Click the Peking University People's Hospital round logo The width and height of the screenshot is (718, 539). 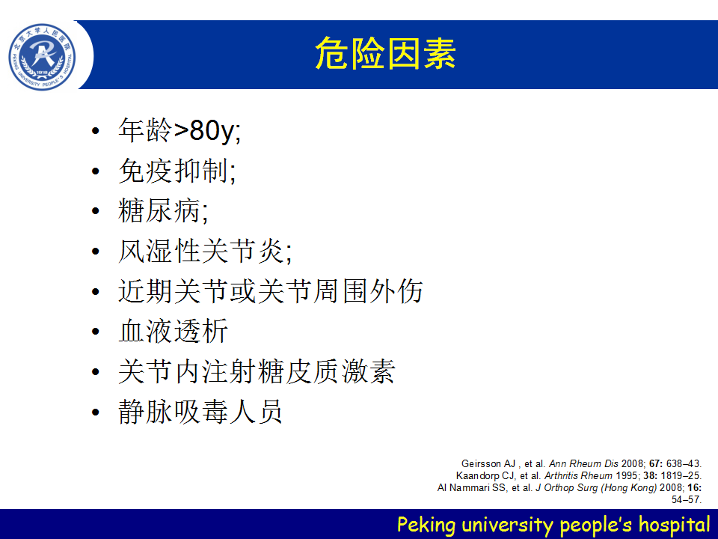(x=42, y=57)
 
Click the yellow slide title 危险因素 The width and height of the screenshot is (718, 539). (x=385, y=54)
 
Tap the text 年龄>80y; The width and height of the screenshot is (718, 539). (x=179, y=130)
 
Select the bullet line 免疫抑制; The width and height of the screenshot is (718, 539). (x=177, y=171)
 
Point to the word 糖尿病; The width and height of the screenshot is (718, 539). (x=163, y=211)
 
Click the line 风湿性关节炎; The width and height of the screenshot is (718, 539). (x=205, y=252)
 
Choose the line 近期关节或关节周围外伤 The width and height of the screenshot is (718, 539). (x=270, y=291)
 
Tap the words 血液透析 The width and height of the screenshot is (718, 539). (x=173, y=331)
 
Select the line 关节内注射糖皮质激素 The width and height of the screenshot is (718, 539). (x=257, y=371)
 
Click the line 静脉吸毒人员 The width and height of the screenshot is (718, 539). (x=200, y=412)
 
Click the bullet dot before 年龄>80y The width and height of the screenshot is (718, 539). (x=95, y=131)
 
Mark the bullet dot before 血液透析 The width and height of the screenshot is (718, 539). (x=95, y=332)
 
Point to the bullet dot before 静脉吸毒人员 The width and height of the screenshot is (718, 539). (x=95, y=412)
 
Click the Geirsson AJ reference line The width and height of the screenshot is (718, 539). (x=581, y=464)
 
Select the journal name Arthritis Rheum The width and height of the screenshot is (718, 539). (x=578, y=476)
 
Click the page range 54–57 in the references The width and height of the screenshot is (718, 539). (x=686, y=499)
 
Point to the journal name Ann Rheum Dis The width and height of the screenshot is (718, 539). (x=583, y=464)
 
